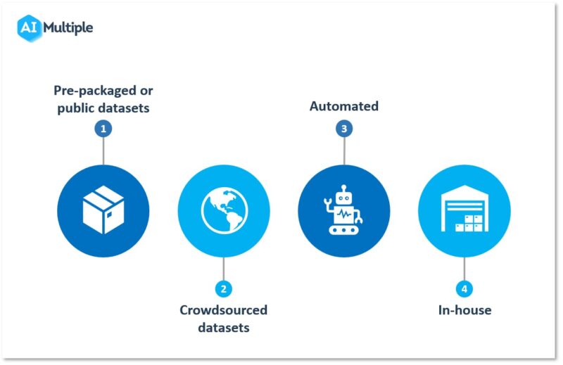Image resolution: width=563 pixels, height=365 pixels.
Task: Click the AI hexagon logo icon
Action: [28, 28]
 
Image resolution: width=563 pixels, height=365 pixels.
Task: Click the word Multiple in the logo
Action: [68, 28]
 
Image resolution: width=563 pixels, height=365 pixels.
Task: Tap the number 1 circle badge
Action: [103, 129]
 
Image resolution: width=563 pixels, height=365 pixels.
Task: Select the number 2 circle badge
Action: [223, 288]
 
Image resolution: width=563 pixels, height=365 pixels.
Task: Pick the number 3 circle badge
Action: [344, 129]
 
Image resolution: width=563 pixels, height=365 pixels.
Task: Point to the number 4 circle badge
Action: [464, 288]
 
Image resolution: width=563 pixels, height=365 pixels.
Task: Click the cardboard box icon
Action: [103, 210]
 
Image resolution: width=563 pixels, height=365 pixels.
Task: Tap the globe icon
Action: [223, 210]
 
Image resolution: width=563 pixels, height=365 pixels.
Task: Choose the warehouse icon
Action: [464, 210]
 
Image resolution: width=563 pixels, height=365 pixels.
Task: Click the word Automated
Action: [344, 106]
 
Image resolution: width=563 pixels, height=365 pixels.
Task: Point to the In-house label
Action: [464, 310]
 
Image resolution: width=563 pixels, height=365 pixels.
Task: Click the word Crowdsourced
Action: [223, 310]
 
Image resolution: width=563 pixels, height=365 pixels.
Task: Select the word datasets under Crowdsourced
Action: [223, 327]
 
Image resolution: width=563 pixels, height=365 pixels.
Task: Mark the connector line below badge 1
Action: [103, 151]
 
